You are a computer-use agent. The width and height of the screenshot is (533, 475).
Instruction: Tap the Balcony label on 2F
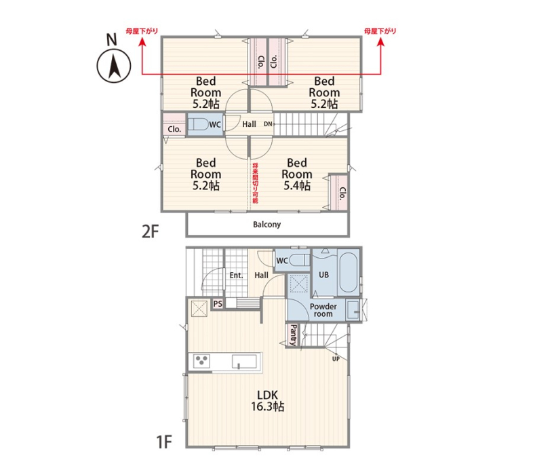[267, 225]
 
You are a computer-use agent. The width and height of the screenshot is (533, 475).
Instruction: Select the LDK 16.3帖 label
[268, 400]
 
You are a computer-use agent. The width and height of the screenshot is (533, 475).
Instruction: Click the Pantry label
[293, 335]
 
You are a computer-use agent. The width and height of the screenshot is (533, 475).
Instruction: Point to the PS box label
[218, 303]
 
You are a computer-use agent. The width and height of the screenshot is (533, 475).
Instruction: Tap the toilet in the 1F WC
[300, 261]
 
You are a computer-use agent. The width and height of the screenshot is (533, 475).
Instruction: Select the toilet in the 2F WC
[198, 124]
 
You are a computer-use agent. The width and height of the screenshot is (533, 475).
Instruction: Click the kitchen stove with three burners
[201, 361]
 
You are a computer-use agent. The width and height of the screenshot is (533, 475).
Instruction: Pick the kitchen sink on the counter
[244, 362]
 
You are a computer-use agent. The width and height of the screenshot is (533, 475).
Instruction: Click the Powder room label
[323, 310]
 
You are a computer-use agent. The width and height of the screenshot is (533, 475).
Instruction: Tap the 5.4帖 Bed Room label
[297, 174]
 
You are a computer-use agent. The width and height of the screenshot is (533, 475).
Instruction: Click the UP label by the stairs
[336, 359]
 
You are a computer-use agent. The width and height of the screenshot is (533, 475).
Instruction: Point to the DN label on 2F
[268, 124]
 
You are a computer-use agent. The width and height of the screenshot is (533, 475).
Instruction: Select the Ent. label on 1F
[236, 275]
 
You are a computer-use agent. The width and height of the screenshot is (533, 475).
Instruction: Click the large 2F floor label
[151, 232]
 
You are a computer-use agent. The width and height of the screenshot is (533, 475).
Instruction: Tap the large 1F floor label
[164, 442]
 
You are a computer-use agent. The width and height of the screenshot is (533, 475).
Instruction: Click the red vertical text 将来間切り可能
[255, 183]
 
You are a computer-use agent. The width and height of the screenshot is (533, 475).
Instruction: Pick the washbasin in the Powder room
[353, 309]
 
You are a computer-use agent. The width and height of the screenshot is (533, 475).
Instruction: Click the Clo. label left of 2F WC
[174, 130]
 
